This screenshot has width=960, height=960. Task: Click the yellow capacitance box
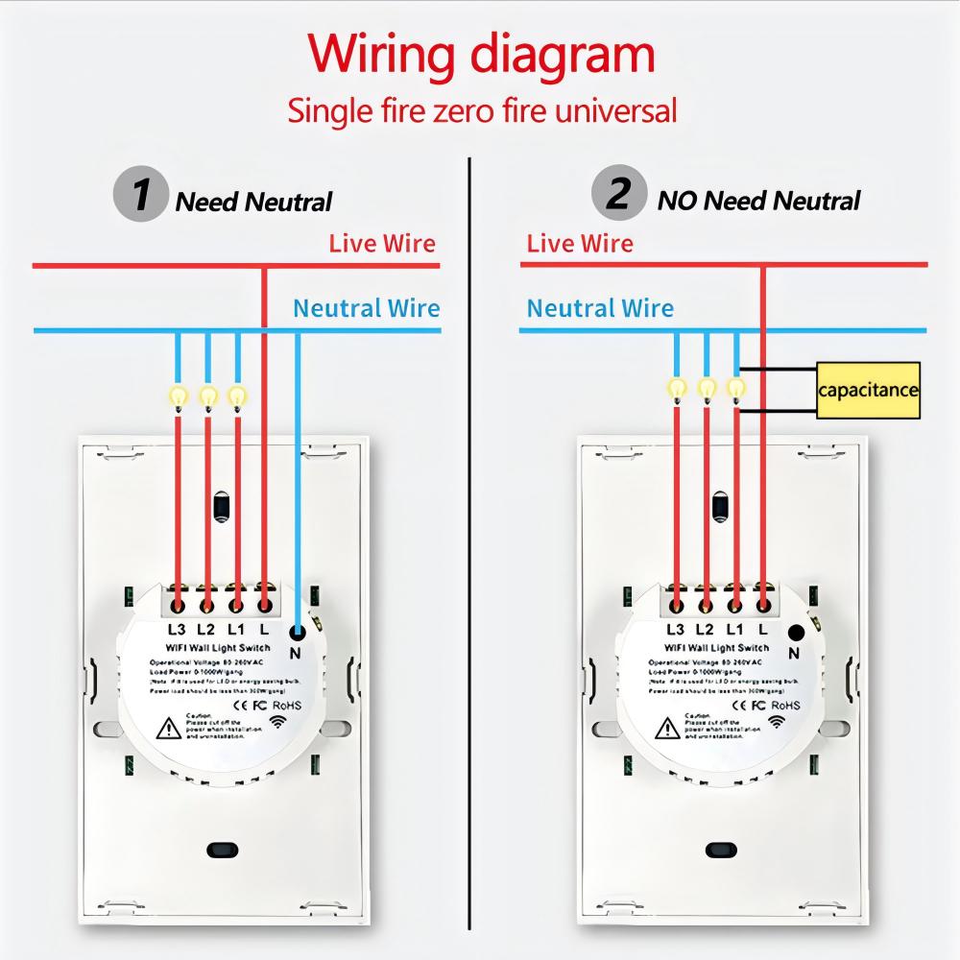pos(868,390)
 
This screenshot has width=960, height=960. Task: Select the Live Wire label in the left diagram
pos(382,243)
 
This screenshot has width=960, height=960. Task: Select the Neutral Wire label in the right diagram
pos(600,308)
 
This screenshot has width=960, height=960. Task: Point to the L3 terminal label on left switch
pos(177,630)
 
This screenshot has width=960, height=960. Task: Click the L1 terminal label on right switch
pos(734,630)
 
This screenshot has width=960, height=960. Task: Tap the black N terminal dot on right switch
pos(796,632)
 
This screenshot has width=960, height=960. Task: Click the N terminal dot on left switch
pos(297,632)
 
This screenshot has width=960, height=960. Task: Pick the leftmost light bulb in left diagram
pos(178,395)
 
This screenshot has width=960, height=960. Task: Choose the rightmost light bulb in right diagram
pos(735,387)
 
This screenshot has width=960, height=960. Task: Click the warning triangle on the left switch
pos(169,729)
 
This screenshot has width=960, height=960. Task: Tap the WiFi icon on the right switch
pos(776,721)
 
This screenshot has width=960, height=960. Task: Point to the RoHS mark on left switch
pos(288,704)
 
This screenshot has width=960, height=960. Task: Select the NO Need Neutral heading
pos(758,201)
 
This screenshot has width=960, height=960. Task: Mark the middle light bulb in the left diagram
pos(207,395)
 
